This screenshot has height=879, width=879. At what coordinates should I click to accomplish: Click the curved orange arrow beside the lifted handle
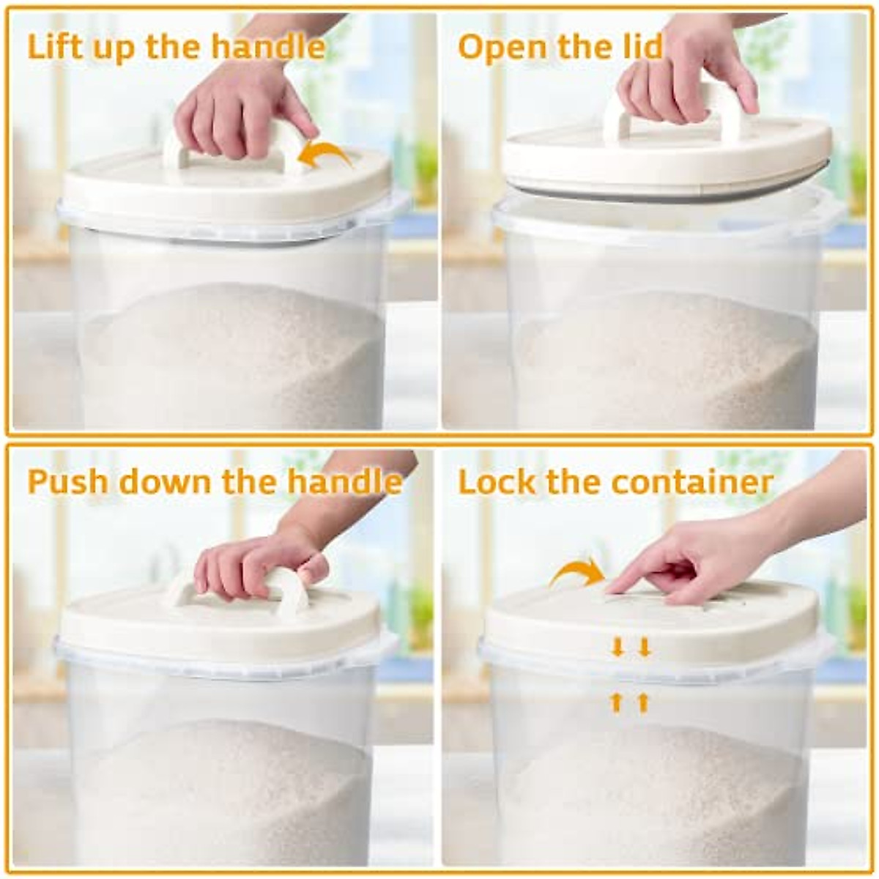(327, 154)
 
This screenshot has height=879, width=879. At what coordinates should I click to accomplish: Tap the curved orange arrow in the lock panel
(577, 571)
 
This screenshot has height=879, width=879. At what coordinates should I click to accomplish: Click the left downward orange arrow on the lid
(617, 647)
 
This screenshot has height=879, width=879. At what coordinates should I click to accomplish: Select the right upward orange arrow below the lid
(643, 703)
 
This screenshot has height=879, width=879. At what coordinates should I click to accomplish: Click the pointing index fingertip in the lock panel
(614, 588)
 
